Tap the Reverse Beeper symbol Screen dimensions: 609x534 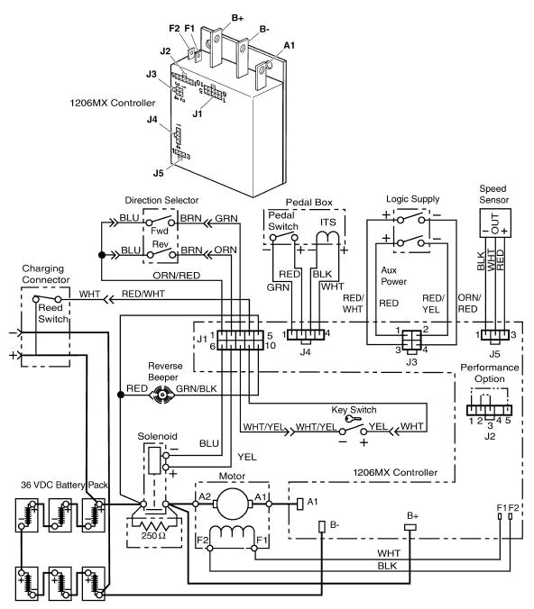pyautogui.click(x=161, y=395)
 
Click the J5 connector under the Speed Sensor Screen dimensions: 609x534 pyautogui.click(x=493, y=334)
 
